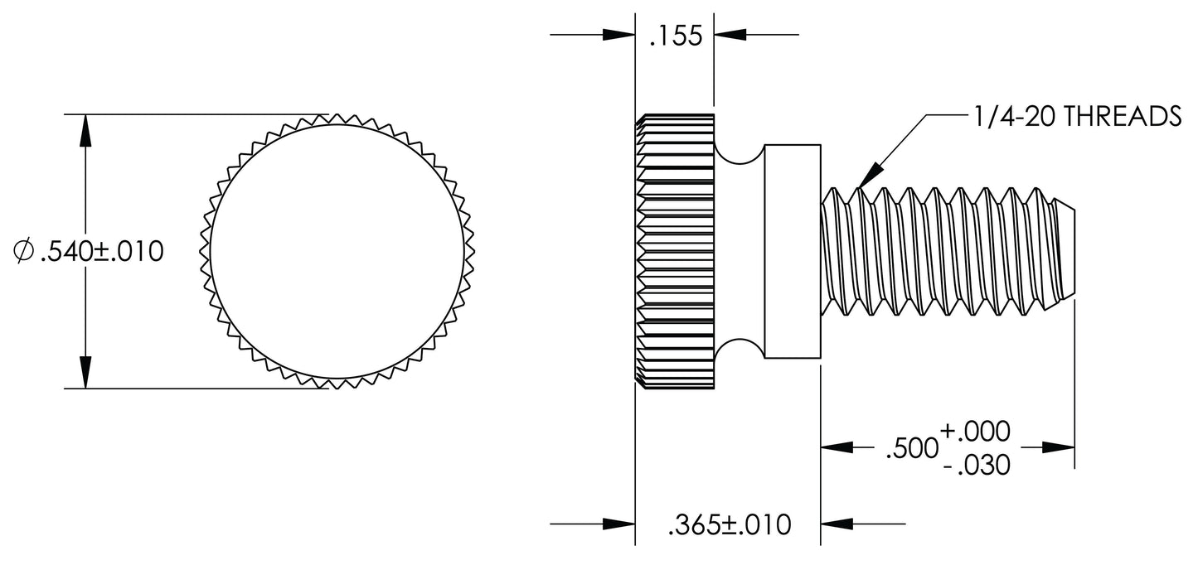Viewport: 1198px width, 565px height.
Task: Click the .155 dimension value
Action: pos(675,36)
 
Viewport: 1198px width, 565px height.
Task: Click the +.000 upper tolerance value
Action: pos(976,431)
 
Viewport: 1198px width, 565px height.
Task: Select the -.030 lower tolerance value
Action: pos(976,466)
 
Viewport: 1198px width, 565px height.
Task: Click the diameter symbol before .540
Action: pos(25,251)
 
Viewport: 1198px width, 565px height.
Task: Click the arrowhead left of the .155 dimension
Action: pos(618,35)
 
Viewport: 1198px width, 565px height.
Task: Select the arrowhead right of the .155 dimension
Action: pos(730,35)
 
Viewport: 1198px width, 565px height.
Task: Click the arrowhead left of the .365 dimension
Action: pos(618,524)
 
